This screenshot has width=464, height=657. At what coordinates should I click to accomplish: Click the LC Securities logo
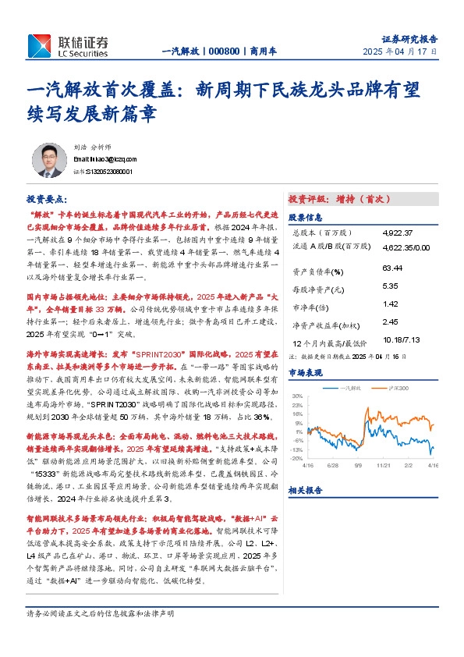click(x=67, y=46)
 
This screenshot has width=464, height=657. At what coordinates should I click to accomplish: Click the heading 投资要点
click(x=47, y=200)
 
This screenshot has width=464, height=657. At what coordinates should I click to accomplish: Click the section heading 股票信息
click(x=305, y=218)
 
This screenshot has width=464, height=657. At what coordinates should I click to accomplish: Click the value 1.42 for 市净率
click(x=391, y=304)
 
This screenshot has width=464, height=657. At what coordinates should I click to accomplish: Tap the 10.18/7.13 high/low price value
click(x=401, y=340)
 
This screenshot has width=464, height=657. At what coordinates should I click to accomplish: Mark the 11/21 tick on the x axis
click(x=383, y=463)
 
